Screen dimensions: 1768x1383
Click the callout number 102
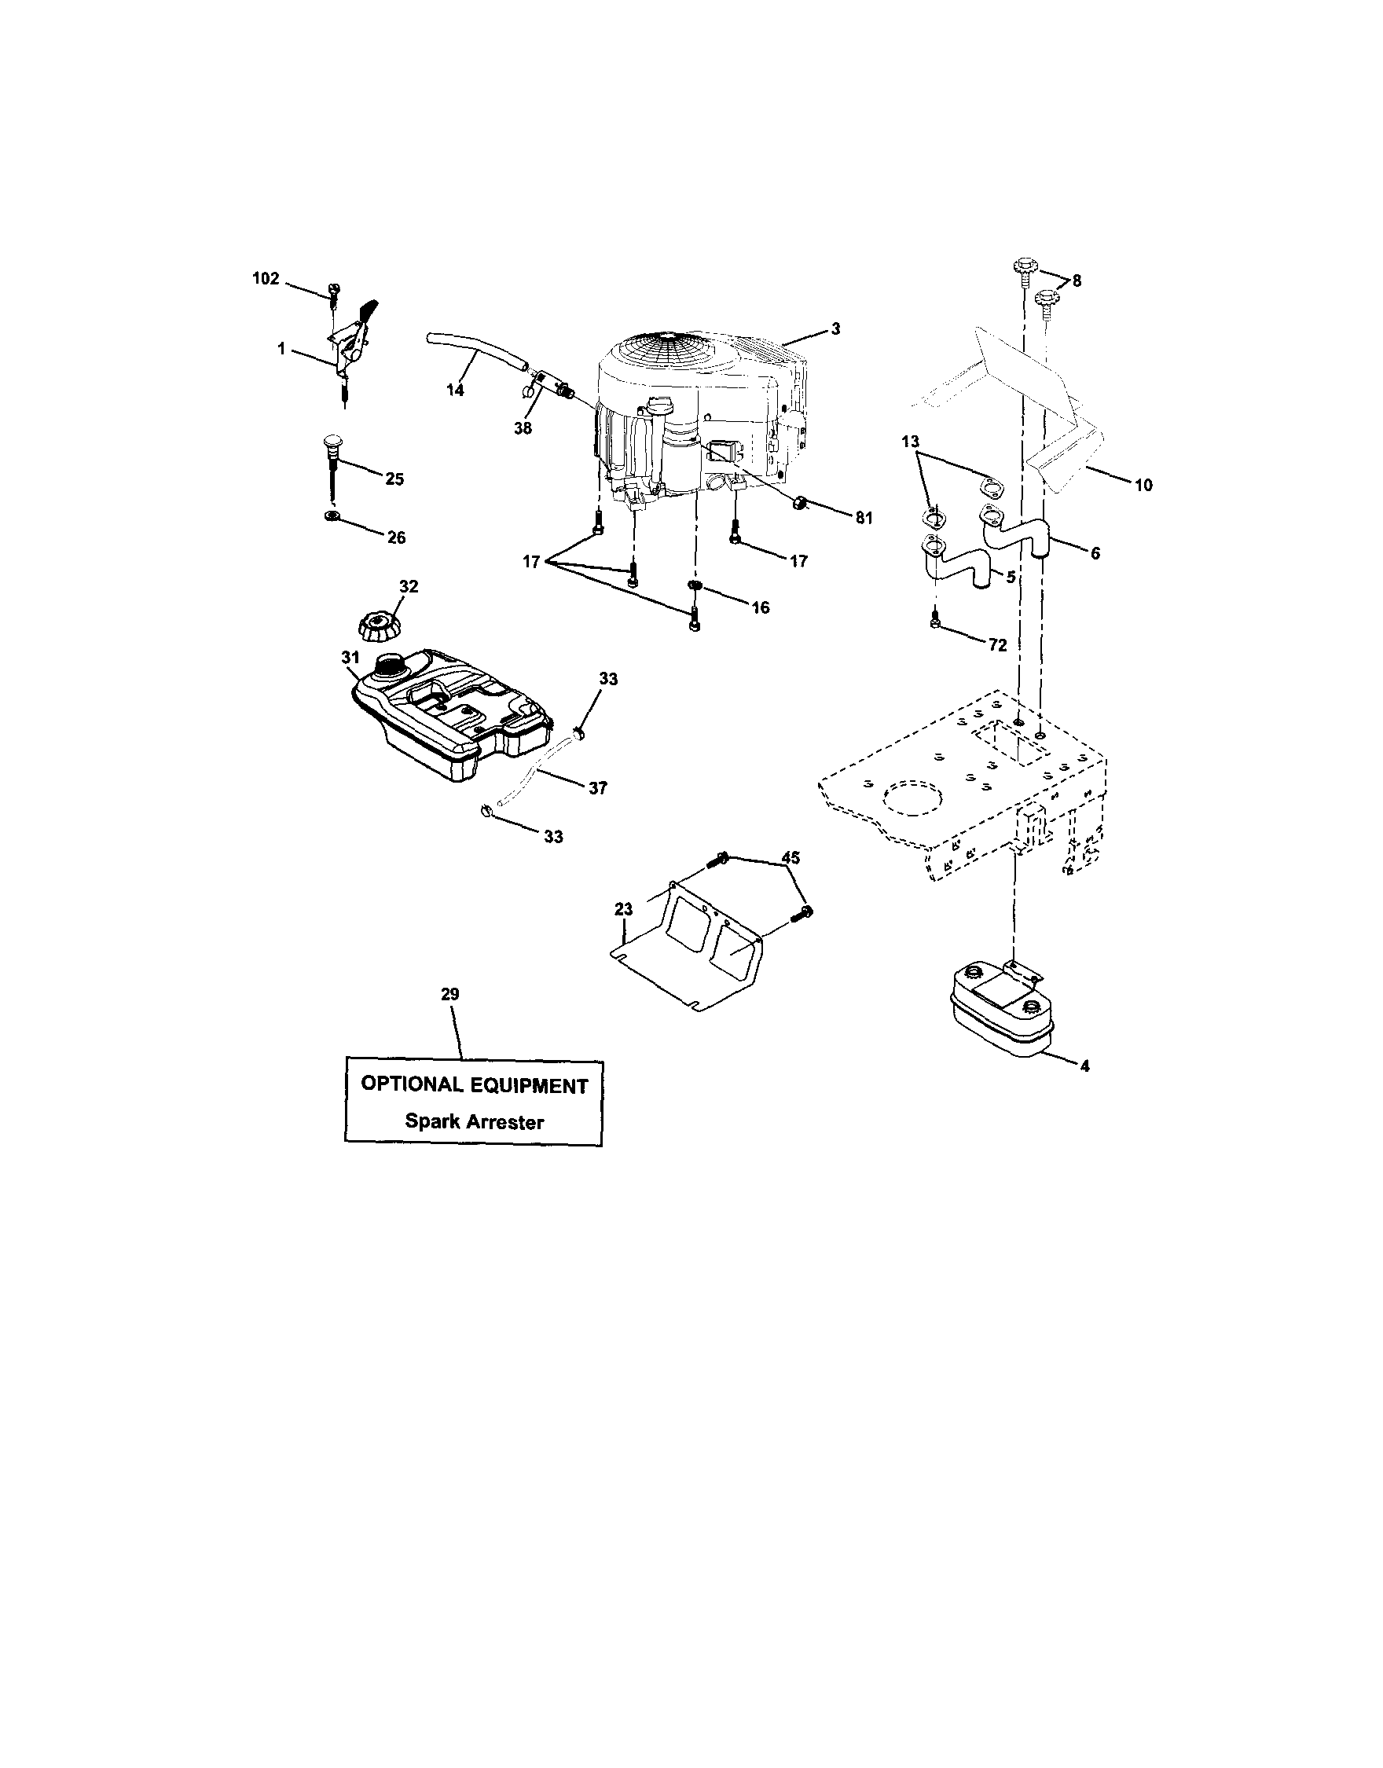266,278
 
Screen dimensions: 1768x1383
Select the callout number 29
450,994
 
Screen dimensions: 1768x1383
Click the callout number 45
791,857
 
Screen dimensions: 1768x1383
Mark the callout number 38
523,429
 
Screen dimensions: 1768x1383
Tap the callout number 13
910,442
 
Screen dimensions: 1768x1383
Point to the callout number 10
1143,485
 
